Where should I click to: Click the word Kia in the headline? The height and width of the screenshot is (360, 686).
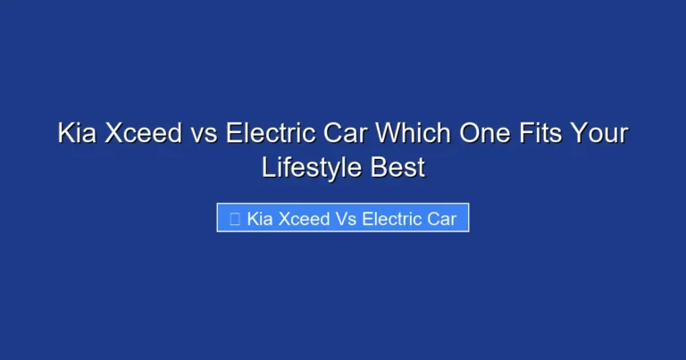pos(77,134)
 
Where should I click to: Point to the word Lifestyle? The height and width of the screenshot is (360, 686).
pos(309,166)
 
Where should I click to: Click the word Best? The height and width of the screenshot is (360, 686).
pos(396,166)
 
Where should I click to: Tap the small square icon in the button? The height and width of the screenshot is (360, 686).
pos(234,218)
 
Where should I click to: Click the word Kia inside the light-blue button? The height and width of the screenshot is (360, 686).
pos(259,218)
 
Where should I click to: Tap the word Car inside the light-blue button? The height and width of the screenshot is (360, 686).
pos(440,218)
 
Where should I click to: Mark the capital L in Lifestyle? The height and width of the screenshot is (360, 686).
pos(267,166)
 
